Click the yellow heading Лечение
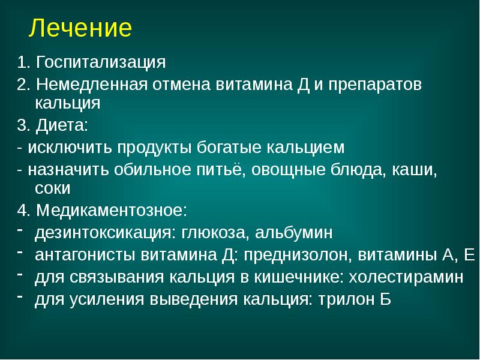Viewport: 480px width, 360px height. coord(81,28)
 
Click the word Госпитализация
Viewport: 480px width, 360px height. coord(100,62)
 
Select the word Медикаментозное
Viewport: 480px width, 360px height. coord(112,211)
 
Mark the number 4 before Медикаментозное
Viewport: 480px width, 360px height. coord(21,211)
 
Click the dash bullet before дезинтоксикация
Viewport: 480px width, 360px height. coord(20,230)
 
